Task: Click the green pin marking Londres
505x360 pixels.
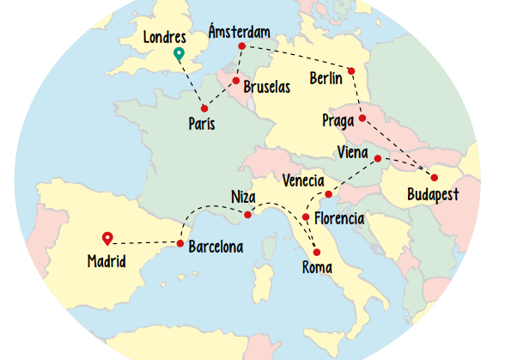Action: [x=179, y=55]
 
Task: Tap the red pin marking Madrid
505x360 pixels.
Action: [x=107, y=238]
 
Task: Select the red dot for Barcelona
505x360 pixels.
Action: [x=180, y=244]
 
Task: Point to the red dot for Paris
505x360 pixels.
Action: [x=204, y=108]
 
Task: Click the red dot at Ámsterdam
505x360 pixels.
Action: [x=242, y=46]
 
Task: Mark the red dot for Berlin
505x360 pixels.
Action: [x=351, y=70]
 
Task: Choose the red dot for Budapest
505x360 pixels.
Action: [x=435, y=178]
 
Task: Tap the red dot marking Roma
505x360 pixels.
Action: [x=317, y=252]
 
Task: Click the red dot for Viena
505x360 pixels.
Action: [x=377, y=159]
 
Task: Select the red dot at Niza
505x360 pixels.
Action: [x=247, y=214]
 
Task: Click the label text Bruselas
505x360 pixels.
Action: [x=268, y=88]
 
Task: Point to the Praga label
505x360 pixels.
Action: [x=338, y=120]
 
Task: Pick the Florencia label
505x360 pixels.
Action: [x=339, y=218]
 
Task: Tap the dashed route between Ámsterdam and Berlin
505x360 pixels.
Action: [x=296, y=57]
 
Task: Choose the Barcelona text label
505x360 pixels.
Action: [x=216, y=247]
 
